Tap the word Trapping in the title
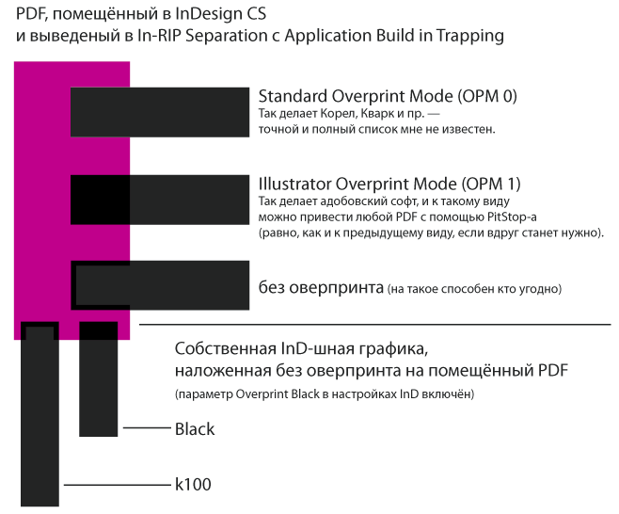pos(469,36)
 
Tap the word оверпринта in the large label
pos(337,288)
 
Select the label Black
pos(195,429)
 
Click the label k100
pos(193,485)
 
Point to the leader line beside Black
pos(147,428)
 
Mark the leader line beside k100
pos(117,485)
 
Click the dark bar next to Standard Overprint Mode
pos(160,112)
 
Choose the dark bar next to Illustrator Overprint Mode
pos(160,200)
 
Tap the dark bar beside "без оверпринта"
pos(160,285)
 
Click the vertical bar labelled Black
pos(98,379)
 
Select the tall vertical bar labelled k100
pos(40,414)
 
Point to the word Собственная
pos(226,349)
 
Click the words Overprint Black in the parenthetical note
pos(278,394)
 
